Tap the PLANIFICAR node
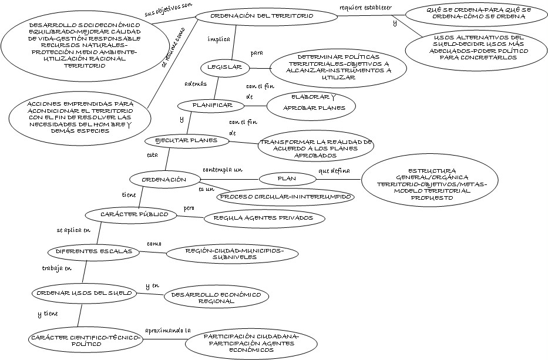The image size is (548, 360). click(x=210, y=106)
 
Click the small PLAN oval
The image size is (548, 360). click(x=287, y=178)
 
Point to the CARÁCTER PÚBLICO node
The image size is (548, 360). click(x=131, y=215)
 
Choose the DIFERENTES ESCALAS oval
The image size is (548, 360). click(x=93, y=251)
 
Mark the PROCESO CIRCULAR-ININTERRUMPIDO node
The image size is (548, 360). click(x=286, y=197)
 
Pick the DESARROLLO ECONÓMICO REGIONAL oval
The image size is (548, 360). click(x=216, y=297)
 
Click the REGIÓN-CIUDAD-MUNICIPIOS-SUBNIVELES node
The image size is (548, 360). click(x=234, y=254)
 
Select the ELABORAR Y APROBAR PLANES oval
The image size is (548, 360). click(x=311, y=106)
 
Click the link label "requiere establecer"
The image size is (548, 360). click(x=365, y=8)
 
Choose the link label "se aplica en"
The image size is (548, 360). click(x=73, y=230)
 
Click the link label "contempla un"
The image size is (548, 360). click(x=223, y=170)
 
